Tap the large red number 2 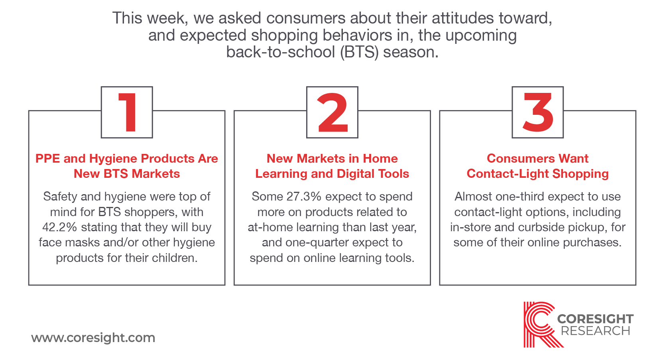pyautogui.click(x=332, y=112)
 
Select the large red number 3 pyautogui.click(x=538, y=112)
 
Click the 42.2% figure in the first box pyautogui.click(x=60, y=227)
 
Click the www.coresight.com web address pyautogui.click(x=93, y=338)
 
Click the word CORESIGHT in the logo pyautogui.click(x=595, y=319)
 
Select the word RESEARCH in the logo pyautogui.click(x=596, y=330)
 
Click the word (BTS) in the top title pyautogui.click(x=359, y=52)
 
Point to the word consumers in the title pyautogui.click(x=306, y=18)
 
